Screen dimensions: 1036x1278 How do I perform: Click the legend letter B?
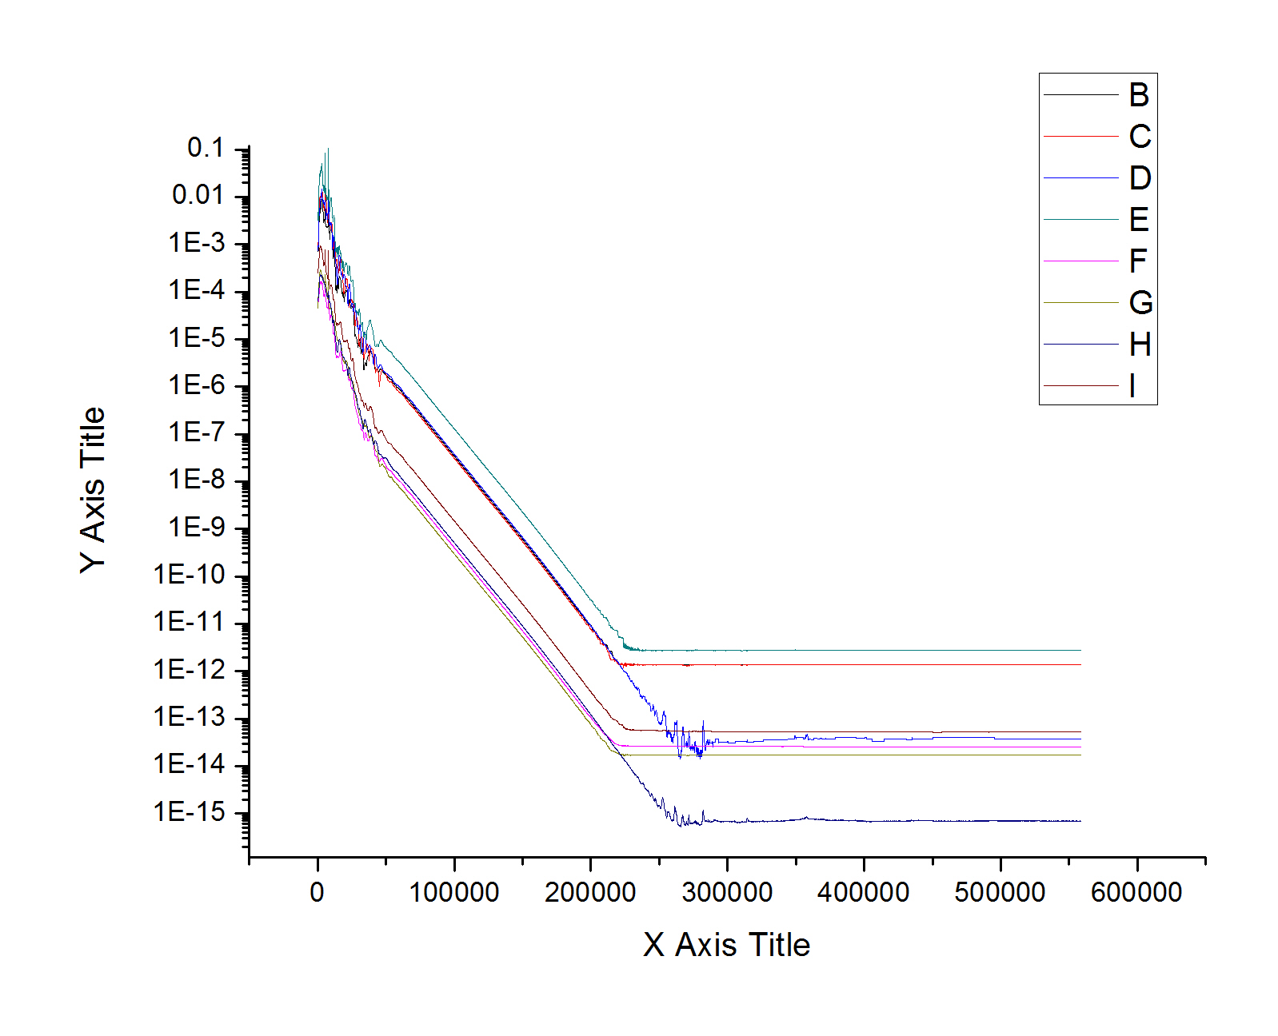click(1139, 95)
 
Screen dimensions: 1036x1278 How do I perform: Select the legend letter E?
click(1138, 220)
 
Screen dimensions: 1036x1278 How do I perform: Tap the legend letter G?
click(1140, 303)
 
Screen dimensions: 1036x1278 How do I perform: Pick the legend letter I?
click(1132, 386)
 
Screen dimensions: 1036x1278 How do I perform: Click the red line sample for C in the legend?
click(1080, 137)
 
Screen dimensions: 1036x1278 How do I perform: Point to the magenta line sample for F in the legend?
click(1080, 261)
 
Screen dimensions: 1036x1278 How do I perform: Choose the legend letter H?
click(1140, 345)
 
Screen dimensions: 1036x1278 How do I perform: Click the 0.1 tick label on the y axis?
click(206, 148)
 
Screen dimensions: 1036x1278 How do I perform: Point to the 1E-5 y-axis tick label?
click(197, 338)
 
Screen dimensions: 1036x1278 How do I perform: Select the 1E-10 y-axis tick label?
click(190, 575)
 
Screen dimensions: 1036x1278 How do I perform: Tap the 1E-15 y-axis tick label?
click(190, 812)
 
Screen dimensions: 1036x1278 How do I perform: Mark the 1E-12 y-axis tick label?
click(190, 670)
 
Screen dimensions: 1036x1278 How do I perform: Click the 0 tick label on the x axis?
click(318, 892)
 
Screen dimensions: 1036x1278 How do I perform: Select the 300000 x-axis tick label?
click(727, 892)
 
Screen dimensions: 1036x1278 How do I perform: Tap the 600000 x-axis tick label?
click(1136, 892)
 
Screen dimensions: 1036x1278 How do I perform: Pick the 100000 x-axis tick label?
click(454, 892)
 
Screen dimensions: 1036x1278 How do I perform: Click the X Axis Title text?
click(726, 945)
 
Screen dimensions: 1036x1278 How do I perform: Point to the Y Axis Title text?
click(93, 489)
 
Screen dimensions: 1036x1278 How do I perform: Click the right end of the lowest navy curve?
click(1080, 821)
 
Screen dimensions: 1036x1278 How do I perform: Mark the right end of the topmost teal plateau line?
click(1080, 651)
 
